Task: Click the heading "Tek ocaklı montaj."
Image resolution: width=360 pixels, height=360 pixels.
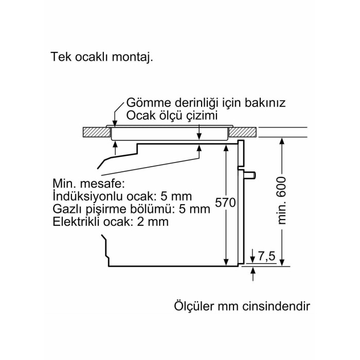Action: (x=102, y=57)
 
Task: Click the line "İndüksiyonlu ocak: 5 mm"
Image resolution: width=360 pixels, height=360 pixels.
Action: (x=122, y=196)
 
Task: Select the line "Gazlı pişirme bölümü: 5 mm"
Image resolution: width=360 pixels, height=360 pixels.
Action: (x=132, y=209)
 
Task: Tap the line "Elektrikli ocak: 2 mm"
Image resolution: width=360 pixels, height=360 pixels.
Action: (x=110, y=222)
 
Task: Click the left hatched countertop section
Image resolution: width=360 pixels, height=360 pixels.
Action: (x=97, y=133)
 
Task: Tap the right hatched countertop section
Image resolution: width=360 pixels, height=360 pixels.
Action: (x=243, y=133)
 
